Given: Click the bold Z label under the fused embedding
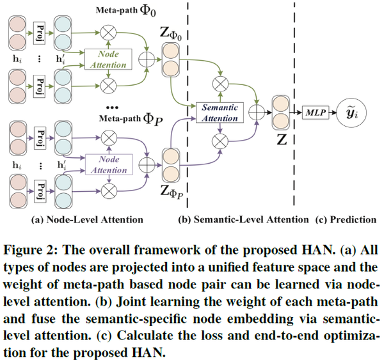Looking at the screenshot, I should click(x=280, y=139).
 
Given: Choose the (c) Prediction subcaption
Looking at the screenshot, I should click(x=346, y=220).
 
